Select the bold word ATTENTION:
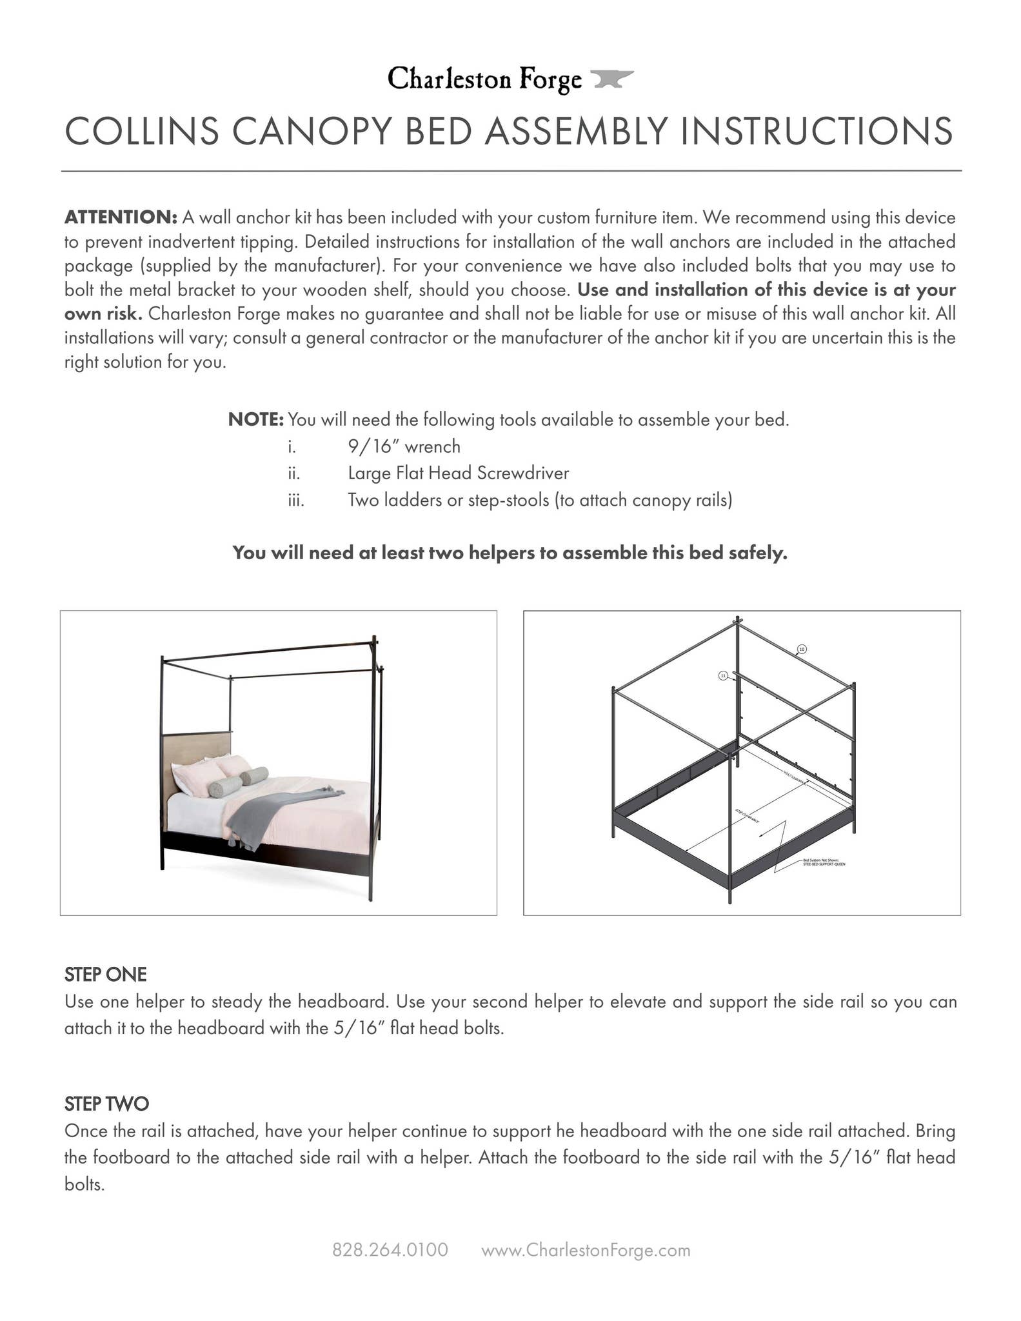(121, 217)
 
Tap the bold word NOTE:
(255, 420)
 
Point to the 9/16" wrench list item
(404, 446)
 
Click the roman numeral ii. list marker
(294, 473)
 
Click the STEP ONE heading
(106, 974)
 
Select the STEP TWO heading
(106, 1104)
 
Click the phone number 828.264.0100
(390, 1250)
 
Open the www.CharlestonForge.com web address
(586, 1250)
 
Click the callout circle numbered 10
(802, 649)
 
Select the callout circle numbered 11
(723, 675)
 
